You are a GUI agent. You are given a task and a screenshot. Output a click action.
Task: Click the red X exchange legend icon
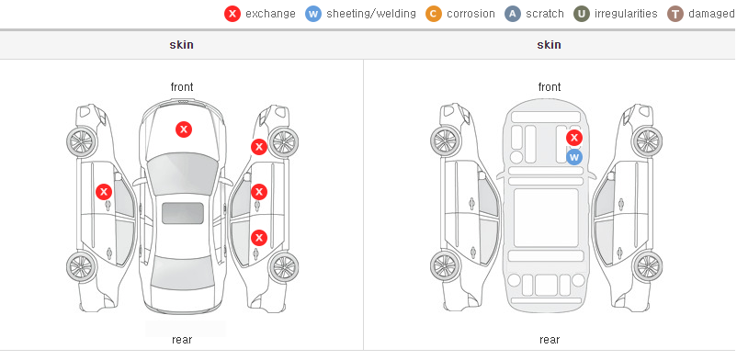(232, 14)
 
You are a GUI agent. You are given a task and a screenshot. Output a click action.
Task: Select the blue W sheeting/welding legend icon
(313, 14)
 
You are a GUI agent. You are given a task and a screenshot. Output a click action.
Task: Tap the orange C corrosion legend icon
(434, 14)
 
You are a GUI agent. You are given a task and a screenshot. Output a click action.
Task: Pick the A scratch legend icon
(513, 14)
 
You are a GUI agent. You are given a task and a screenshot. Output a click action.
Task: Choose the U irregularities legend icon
(582, 14)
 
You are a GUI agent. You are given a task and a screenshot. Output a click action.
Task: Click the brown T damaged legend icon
(675, 14)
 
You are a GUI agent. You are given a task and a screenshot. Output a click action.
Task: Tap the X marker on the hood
(184, 129)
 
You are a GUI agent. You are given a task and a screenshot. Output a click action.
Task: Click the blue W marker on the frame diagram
(574, 157)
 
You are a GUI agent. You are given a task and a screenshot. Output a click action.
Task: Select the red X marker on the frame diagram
(574, 138)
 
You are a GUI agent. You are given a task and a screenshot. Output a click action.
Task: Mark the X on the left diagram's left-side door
(104, 192)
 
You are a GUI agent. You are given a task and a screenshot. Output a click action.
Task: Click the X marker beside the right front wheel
(259, 147)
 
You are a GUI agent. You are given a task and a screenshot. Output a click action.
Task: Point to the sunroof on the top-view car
(183, 213)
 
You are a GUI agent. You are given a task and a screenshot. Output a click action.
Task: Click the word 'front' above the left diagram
(182, 87)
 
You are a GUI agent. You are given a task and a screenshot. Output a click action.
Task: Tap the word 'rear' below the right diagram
(550, 340)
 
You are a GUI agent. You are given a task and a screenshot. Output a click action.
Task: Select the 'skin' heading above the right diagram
(549, 45)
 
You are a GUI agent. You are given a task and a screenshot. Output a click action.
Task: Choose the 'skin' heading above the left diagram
(181, 45)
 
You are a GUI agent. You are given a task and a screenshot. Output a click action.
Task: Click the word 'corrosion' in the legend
(471, 14)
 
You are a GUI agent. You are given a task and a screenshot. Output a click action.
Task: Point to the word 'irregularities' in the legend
(626, 14)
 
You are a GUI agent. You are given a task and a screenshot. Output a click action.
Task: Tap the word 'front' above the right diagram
(550, 87)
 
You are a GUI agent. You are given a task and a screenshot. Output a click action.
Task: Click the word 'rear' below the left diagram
(182, 340)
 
